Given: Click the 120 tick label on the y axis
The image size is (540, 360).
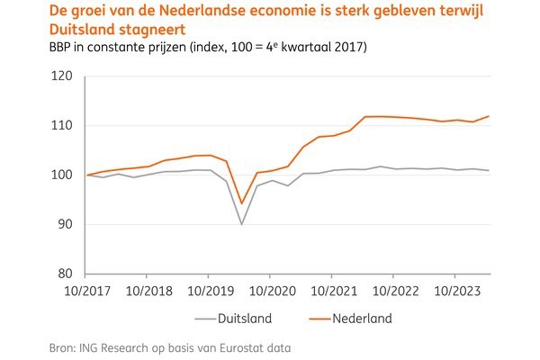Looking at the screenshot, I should click(x=61, y=76).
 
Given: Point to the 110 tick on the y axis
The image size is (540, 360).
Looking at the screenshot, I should click(x=61, y=126).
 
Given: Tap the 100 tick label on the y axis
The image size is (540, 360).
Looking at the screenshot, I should click(x=61, y=175).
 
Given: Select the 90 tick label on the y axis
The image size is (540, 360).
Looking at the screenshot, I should click(x=65, y=224).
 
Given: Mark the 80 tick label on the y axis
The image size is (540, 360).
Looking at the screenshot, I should click(x=65, y=274).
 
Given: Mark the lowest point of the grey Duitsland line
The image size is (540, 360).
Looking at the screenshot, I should click(x=241, y=224).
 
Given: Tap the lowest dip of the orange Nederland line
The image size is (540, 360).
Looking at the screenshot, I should click(x=241, y=203).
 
